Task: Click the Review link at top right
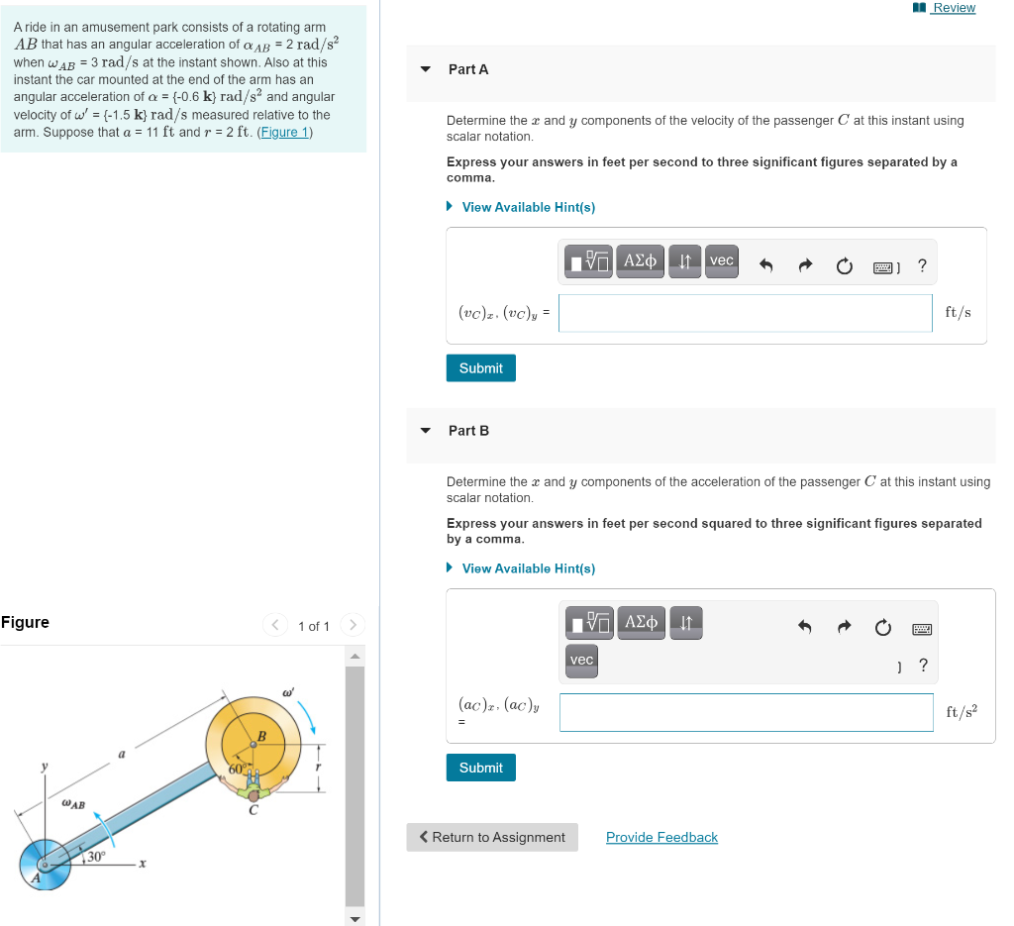[x=954, y=8]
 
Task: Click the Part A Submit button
[x=480, y=368]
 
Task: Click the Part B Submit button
[x=480, y=768]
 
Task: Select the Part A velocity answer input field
[x=745, y=313]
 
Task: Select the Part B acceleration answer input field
[x=746, y=712]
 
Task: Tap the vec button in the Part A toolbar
[x=722, y=261]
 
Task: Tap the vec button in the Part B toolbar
[x=581, y=661]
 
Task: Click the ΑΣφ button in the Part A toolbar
[x=639, y=261]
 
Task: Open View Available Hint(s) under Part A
[x=528, y=207]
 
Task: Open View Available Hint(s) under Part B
[x=528, y=568]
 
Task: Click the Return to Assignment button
[x=492, y=837]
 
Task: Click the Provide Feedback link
[x=661, y=837]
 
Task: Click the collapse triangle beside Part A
[x=426, y=69]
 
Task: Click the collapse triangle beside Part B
[x=426, y=431]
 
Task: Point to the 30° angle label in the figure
[x=96, y=856]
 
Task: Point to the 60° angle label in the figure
[x=237, y=769]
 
